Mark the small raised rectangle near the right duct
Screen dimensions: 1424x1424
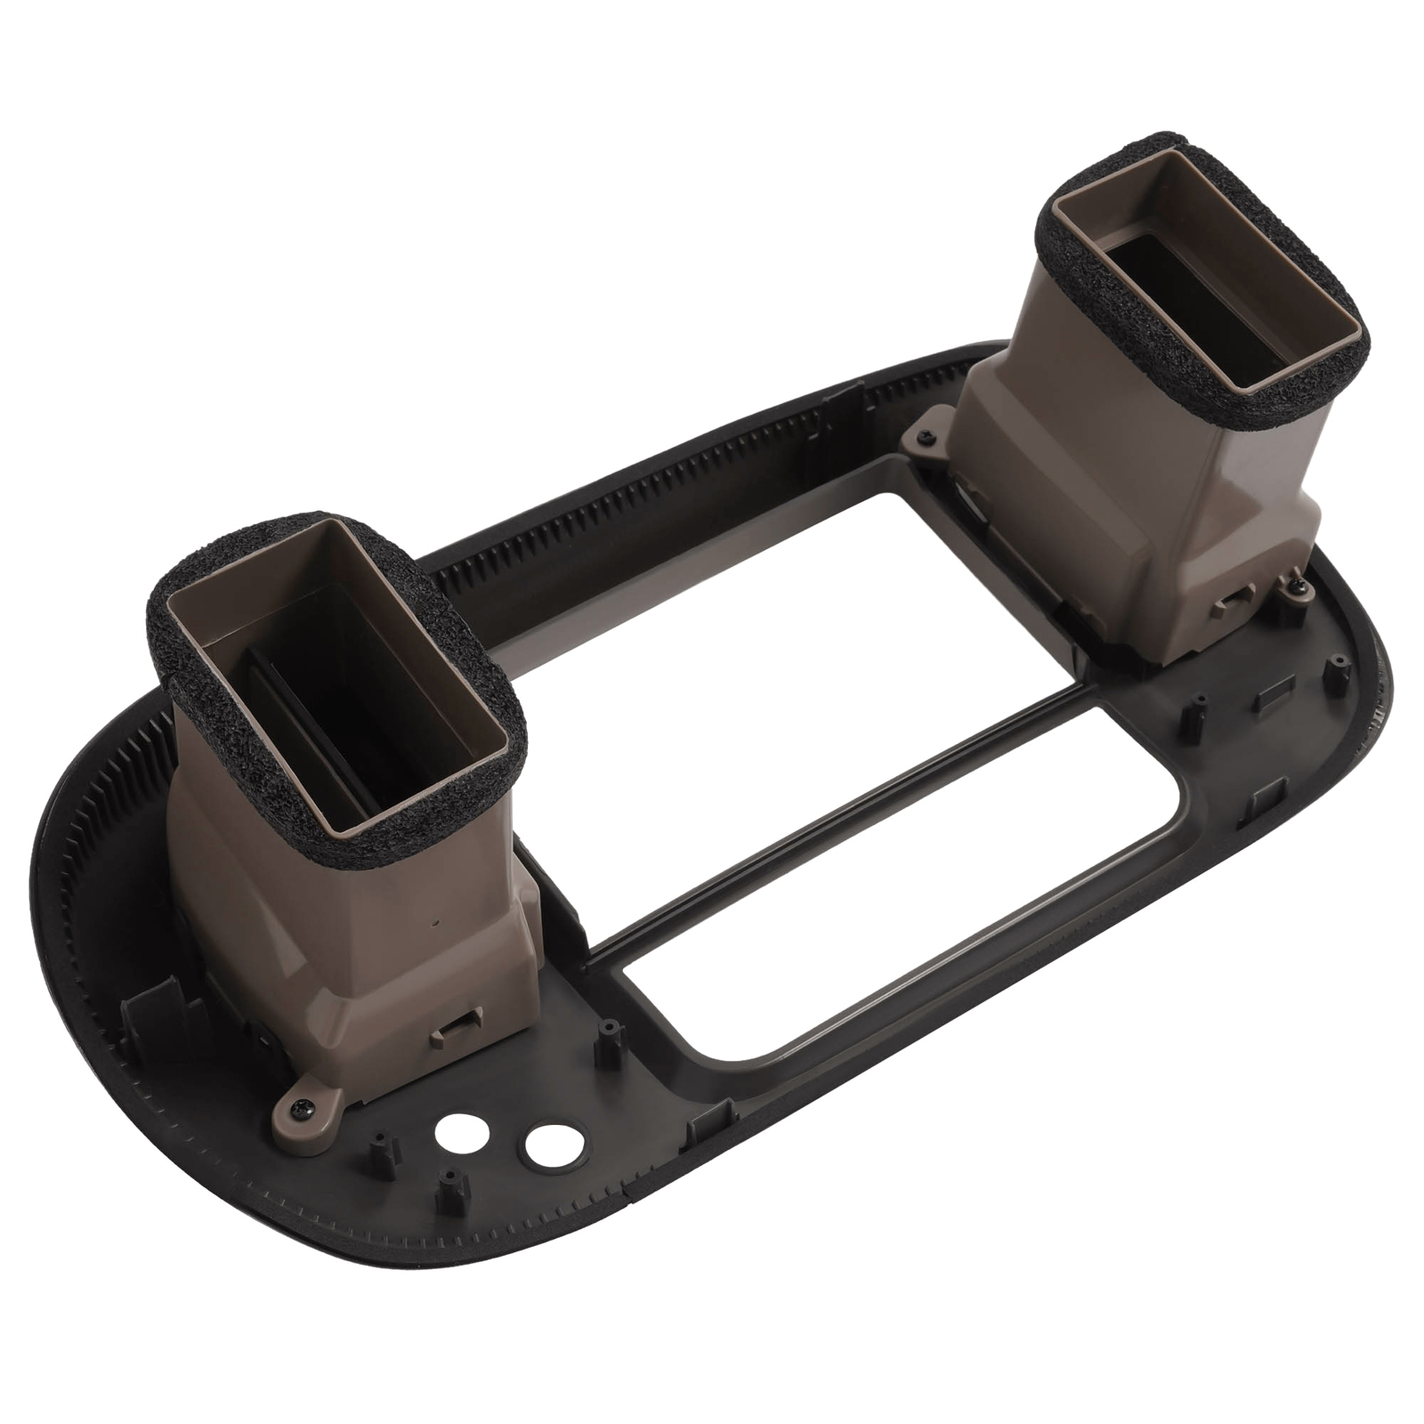(1271, 700)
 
